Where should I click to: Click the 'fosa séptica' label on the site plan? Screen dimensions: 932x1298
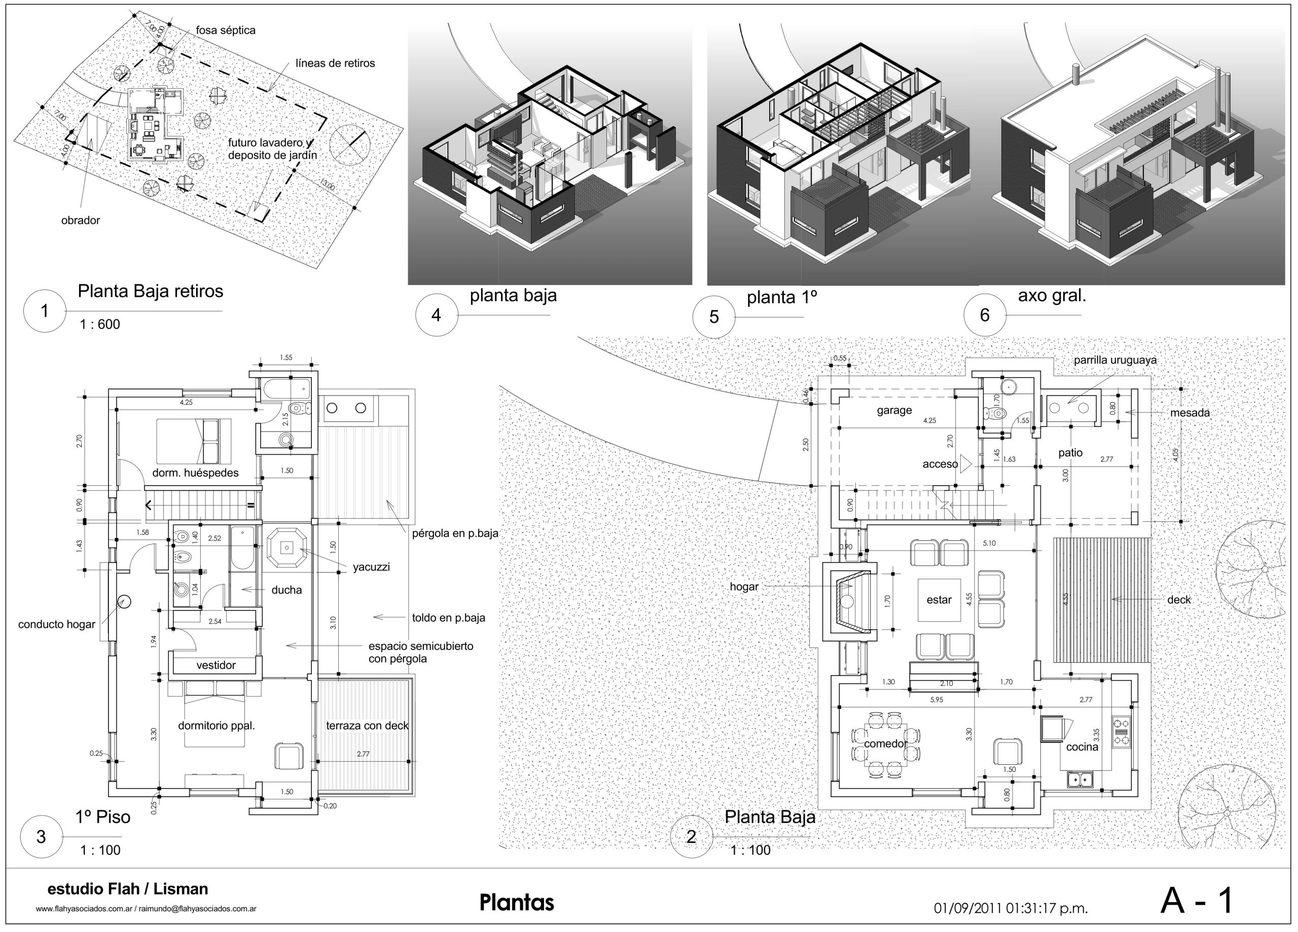225,30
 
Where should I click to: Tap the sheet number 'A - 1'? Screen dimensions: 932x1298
1197,901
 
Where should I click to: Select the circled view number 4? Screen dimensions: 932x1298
436,314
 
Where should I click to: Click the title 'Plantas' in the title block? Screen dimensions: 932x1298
517,903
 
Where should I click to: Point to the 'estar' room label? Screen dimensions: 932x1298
939,600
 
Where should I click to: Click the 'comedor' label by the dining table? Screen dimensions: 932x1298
885,744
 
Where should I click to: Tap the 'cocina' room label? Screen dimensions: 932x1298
1081,747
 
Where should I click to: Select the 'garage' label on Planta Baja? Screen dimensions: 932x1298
894,410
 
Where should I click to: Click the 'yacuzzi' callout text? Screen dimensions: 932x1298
371,567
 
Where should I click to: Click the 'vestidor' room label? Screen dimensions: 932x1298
216,665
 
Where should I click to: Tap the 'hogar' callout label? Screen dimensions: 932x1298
743,587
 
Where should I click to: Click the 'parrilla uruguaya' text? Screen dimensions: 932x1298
1115,361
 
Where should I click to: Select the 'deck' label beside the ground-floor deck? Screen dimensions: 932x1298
1178,600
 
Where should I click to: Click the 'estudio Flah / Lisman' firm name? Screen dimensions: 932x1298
128,889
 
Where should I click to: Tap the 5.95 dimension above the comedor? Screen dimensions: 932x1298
936,700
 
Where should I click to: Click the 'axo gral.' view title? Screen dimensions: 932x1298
1052,296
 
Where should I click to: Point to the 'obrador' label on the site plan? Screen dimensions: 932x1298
80,221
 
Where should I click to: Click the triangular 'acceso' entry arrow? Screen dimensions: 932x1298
965,463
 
